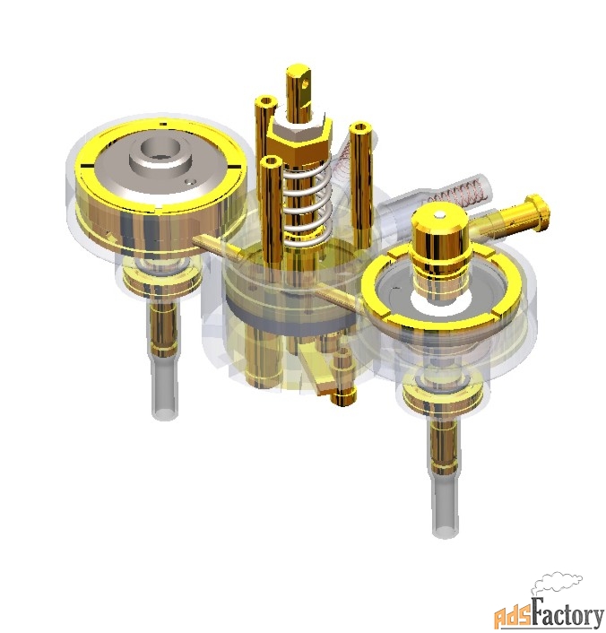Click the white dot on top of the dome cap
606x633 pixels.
[x=441, y=215]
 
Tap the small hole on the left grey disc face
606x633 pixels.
[x=190, y=182]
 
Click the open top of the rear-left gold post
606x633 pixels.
[x=266, y=100]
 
